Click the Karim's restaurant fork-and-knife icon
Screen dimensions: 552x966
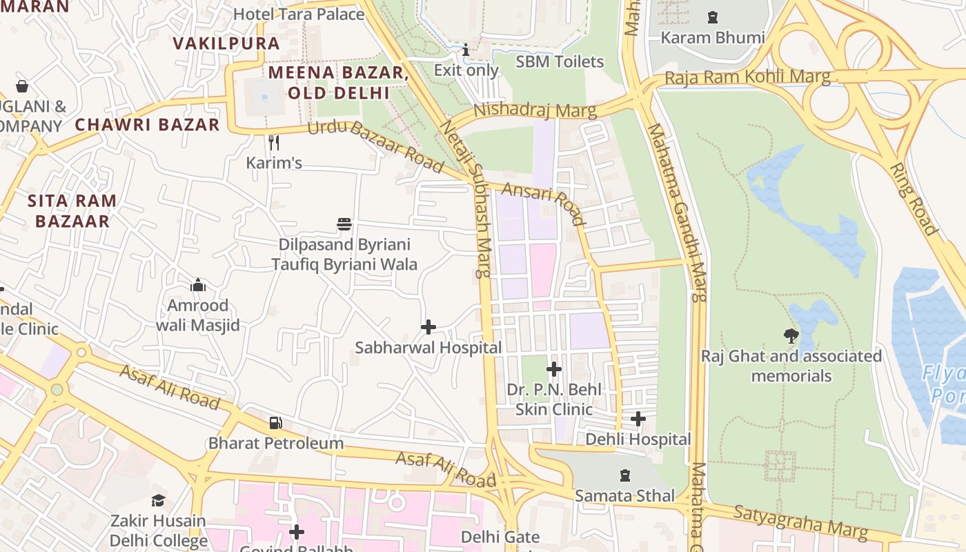tap(274, 143)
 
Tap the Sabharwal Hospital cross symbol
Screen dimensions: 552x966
tap(428, 327)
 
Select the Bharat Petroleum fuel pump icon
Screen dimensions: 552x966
tap(275, 422)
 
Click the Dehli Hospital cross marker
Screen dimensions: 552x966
tap(638, 419)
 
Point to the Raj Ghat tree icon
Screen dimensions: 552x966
tap(791, 336)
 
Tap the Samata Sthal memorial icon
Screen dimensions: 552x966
tap(625, 475)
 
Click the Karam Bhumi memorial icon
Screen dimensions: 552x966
tap(713, 17)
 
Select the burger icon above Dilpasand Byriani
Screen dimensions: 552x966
tap(344, 224)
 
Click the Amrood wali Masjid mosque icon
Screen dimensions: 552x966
tap(198, 285)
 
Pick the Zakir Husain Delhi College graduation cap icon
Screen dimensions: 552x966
tap(158, 500)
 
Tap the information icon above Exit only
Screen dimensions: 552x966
tap(466, 50)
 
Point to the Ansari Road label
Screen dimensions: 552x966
tap(543, 204)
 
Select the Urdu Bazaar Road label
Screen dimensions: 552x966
tap(375, 146)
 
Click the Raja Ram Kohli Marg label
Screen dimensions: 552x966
tap(747, 77)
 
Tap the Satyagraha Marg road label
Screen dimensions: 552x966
tap(800, 522)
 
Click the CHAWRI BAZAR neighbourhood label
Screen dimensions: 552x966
tap(147, 125)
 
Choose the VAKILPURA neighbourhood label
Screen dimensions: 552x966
tap(226, 43)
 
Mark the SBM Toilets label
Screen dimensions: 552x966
tap(560, 61)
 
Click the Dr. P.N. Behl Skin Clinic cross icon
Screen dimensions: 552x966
tap(553, 369)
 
